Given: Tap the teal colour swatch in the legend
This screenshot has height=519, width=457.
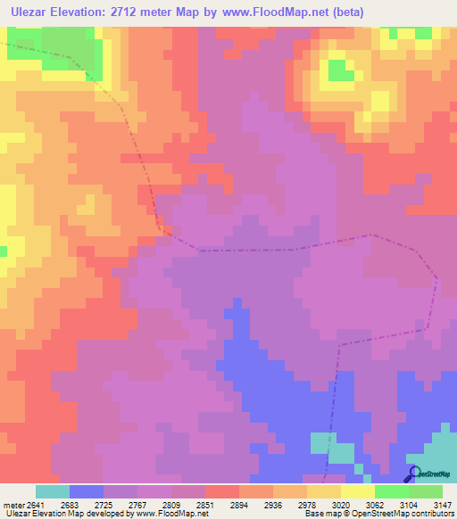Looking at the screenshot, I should tap(53, 491).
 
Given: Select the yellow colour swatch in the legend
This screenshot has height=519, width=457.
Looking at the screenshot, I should tap(358, 491).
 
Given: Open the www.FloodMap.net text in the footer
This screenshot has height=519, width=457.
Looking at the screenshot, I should tap(170, 514).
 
